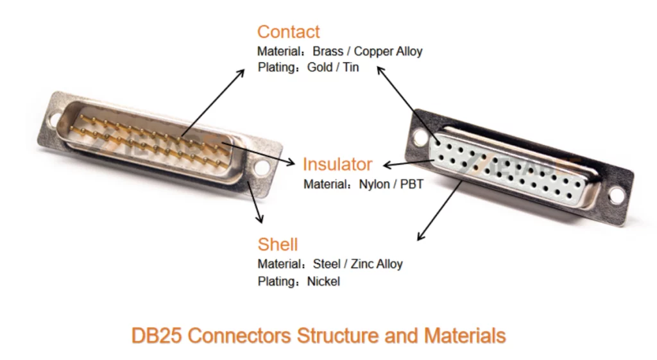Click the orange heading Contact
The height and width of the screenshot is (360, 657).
click(288, 32)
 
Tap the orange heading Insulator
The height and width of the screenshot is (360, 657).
click(337, 164)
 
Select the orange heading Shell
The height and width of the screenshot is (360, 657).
click(277, 244)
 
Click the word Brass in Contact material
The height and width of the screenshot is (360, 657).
click(328, 51)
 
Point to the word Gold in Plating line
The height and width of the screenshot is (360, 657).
click(320, 67)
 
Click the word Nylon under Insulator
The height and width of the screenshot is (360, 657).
click(374, 184)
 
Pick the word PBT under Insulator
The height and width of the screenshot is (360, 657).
click(412, 184)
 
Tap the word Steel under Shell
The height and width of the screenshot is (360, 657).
click(327, 264)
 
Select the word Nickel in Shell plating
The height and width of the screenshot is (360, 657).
click(323, 281)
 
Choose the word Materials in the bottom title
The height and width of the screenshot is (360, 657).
click(465, 336)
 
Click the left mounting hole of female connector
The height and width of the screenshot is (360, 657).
click(420, 137)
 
